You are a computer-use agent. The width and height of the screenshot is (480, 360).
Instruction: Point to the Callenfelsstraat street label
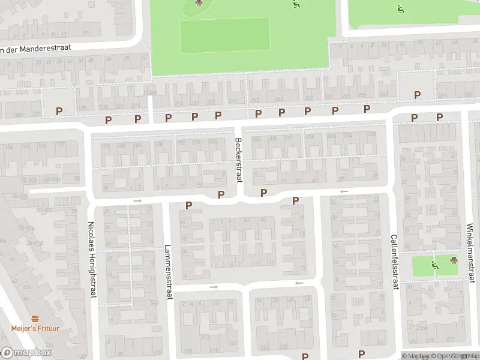coord(395,262)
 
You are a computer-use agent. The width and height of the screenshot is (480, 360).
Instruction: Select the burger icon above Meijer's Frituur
coord(35,319)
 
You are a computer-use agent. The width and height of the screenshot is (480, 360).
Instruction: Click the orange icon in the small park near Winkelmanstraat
coord(454,260)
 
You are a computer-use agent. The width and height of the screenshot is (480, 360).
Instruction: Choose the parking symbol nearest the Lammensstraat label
coord(189,206)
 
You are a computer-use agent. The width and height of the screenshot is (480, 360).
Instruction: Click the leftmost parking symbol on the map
coord(59,111)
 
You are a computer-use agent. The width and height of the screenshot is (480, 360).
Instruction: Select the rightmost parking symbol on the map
coord(439,118)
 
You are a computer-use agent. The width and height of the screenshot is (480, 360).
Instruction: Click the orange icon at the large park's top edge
coord(199,2)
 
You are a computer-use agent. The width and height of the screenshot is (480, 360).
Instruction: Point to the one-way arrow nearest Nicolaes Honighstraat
coord(137,200)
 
